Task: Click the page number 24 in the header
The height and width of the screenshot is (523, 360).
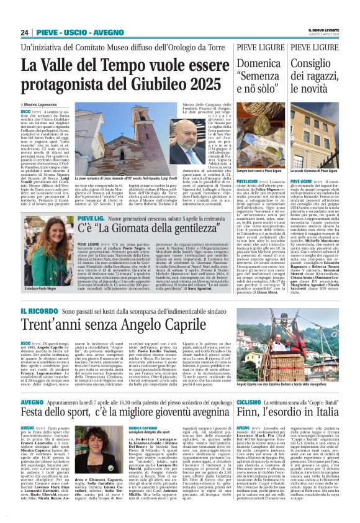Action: [25, 32]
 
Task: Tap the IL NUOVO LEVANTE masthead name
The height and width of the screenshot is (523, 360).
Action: [326, 29]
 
